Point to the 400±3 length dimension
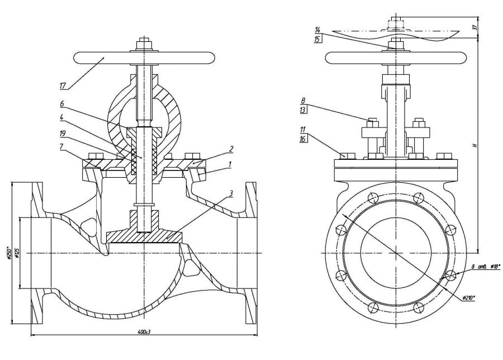144,332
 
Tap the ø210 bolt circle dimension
468,298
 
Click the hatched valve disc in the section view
144,237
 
